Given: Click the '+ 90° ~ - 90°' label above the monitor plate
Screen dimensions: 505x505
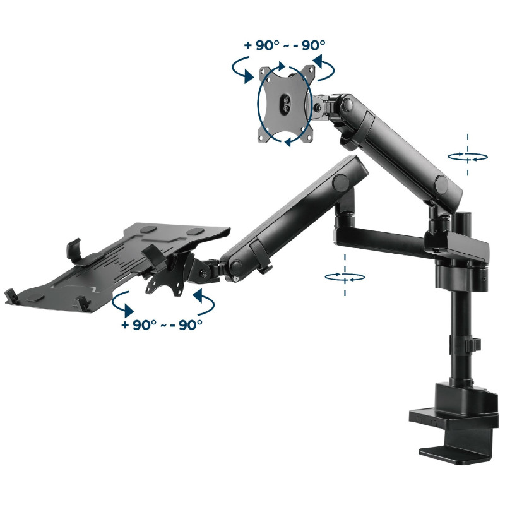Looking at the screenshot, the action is point(285,45).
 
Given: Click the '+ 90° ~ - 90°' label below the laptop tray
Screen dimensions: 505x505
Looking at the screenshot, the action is point(162,324).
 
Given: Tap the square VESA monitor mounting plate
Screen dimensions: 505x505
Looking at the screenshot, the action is point(287,104).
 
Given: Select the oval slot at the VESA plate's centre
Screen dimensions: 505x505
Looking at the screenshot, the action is point(285,104).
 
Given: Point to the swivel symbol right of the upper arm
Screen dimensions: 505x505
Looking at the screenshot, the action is point(468,157).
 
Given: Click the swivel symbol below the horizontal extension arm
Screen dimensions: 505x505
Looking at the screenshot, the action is point(345,276).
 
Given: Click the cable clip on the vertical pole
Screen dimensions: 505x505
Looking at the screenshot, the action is point(473,344).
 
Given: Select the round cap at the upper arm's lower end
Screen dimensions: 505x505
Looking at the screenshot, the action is point(441,184).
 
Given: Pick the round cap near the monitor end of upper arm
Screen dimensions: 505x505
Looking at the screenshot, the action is point(348,104).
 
